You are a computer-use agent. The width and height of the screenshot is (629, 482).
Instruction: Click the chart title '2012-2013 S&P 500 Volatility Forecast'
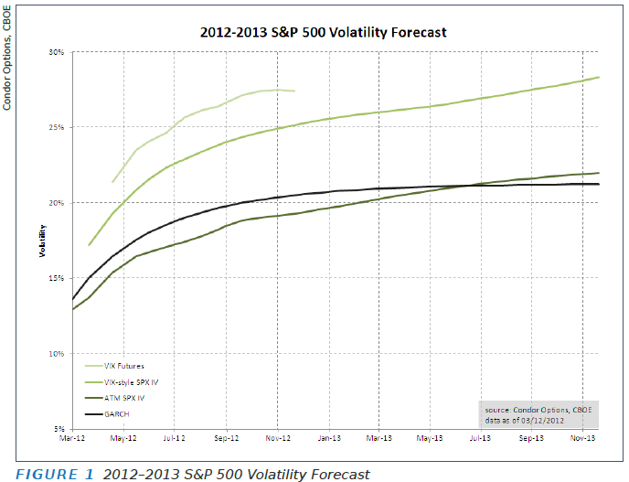323,32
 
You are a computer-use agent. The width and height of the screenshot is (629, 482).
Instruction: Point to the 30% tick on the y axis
57,52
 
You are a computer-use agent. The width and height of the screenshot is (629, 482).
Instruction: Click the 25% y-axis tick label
57,127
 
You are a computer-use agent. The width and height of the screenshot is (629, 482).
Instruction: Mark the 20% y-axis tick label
57,202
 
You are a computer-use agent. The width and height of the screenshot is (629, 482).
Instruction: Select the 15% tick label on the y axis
57,278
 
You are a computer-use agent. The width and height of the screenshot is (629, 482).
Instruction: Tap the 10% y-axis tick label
57,353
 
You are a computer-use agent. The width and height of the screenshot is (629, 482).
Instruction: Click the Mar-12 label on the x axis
72,439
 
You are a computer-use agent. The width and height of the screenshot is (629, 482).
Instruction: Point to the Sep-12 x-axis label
226,439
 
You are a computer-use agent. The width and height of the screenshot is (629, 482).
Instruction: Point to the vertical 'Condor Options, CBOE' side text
7,56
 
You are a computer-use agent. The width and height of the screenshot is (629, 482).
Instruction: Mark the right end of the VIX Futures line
294,91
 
